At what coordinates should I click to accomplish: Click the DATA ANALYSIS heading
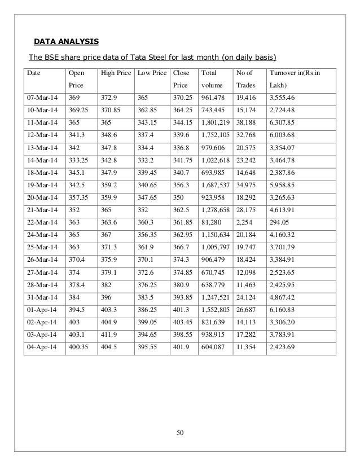click(x=66, y=41)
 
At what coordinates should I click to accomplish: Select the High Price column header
click(x=115, y=73)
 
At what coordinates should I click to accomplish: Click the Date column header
click(x=36, y=73)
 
